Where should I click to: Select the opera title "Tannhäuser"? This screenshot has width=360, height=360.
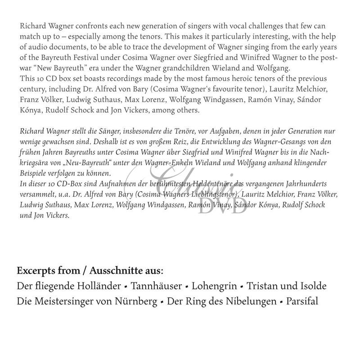(x=156, y=286)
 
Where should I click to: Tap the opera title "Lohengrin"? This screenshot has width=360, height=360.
(x=215, y=286)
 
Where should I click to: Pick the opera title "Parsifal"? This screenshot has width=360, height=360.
(x=301, y=301)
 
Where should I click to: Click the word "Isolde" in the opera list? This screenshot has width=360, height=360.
(x=311, y=286)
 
